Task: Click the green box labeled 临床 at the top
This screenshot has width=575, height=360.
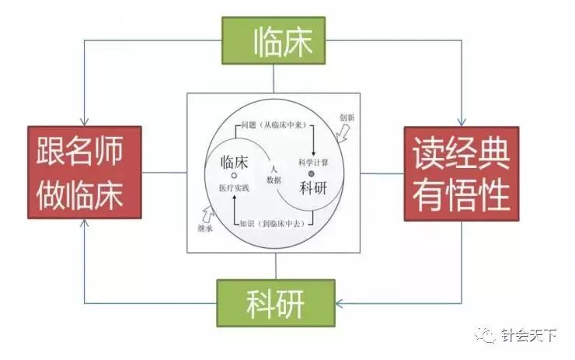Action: click(x=273, y=40)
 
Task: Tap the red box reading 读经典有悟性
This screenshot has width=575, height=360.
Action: click(x=461, y=173)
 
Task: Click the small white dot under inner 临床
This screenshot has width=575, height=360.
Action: click(x=234, y=176)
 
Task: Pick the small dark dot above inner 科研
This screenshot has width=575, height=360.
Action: click(x=312, y=173)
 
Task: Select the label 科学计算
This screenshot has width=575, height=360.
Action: click(x=314, y=162)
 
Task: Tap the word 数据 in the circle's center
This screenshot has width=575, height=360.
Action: click(x=274, y=180)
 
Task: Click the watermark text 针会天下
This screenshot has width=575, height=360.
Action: click(x=529, y=336)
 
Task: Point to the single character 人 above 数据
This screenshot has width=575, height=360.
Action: click(x=274, y=168)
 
